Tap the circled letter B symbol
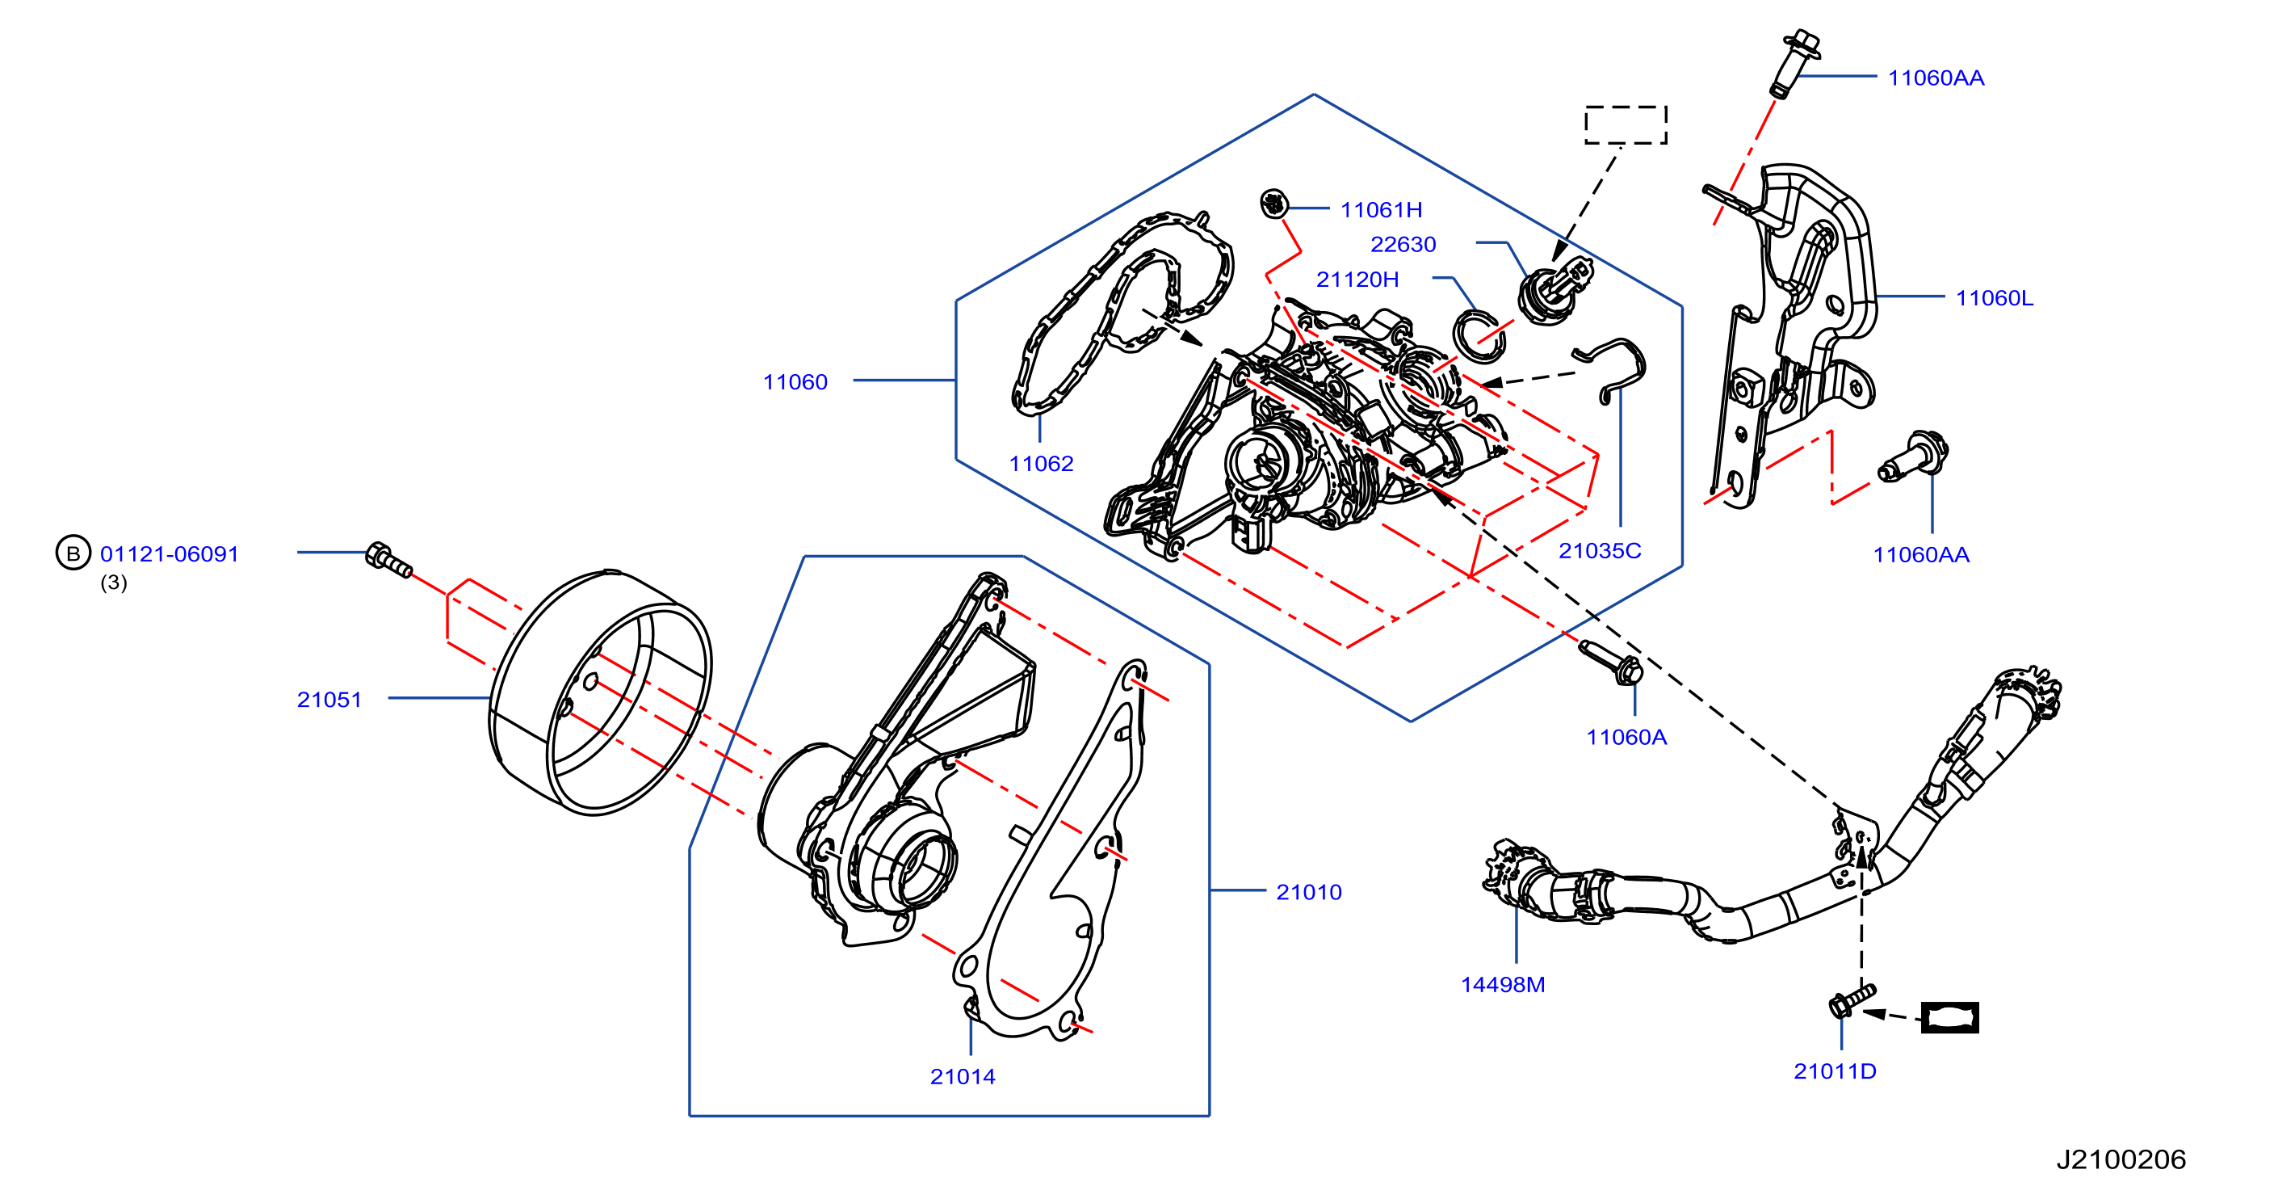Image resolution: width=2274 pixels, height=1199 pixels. [73, 553]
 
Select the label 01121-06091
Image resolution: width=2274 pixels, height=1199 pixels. [170, 553]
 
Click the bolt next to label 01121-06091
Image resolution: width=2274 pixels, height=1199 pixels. [388, 560]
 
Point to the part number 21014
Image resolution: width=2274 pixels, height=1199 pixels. [963, 1076]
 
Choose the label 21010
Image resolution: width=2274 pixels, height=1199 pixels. [1309, 892]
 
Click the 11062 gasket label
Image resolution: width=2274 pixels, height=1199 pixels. [1041, 464]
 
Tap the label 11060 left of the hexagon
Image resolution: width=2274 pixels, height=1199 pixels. [795, 381]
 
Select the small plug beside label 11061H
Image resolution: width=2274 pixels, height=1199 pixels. [1273, 203]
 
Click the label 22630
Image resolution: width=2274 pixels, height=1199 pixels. [1403, 244]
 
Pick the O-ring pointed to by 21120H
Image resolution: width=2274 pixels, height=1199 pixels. [1479, 336]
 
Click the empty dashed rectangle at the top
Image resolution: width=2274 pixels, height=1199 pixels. [1626, 124]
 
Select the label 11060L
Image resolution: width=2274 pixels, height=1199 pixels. [1994, 297]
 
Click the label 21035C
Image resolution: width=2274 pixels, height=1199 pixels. [1600, 550]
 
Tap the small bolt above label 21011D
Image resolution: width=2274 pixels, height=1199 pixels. [1851, 1001]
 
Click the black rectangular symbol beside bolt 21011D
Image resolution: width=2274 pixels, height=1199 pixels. [1950, 1017]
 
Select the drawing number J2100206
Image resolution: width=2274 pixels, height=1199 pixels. [2121, 1159]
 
